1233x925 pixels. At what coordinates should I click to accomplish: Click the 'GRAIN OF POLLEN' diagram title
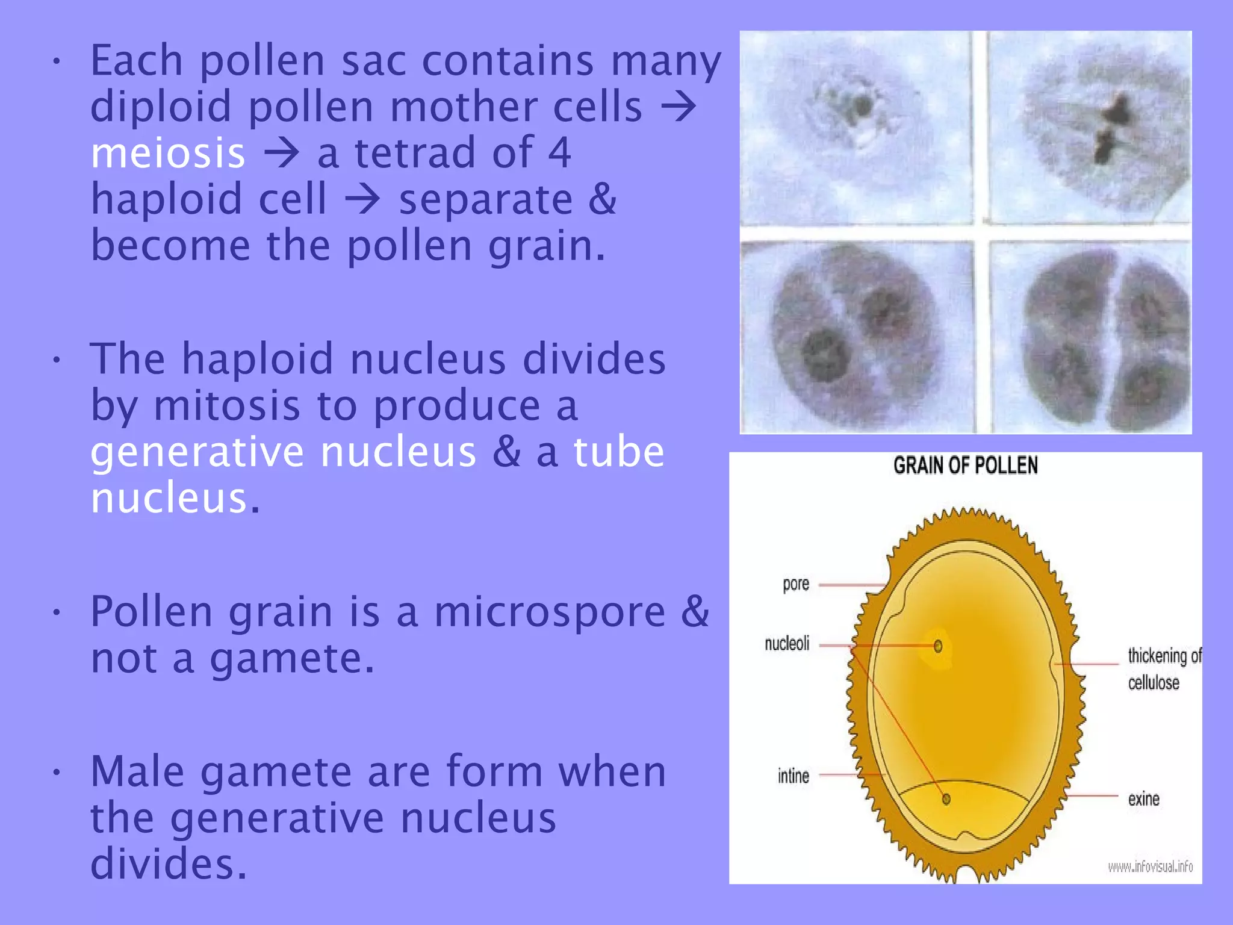965,466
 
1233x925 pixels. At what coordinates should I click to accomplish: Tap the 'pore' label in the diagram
795,584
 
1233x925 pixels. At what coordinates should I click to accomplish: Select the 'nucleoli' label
787,644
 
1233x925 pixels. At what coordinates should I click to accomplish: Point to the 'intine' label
793,776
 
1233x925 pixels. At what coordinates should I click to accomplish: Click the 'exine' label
1143,799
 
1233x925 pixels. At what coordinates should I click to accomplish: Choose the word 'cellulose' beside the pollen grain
1153,683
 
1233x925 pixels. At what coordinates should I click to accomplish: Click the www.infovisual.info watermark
1150,867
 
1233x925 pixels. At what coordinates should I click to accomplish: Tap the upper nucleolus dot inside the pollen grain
938,647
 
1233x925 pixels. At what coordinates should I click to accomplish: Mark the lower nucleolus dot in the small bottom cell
946,799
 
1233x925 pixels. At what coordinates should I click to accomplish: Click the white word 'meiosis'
168,153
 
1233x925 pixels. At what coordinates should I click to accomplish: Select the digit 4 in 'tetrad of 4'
559,153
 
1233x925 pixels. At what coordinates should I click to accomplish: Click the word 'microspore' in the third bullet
550,612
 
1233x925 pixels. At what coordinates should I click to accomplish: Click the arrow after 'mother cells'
679,107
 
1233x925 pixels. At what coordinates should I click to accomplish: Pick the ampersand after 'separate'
602,199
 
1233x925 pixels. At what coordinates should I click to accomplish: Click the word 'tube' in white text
619,452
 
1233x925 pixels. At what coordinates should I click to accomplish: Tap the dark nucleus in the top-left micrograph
862,107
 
